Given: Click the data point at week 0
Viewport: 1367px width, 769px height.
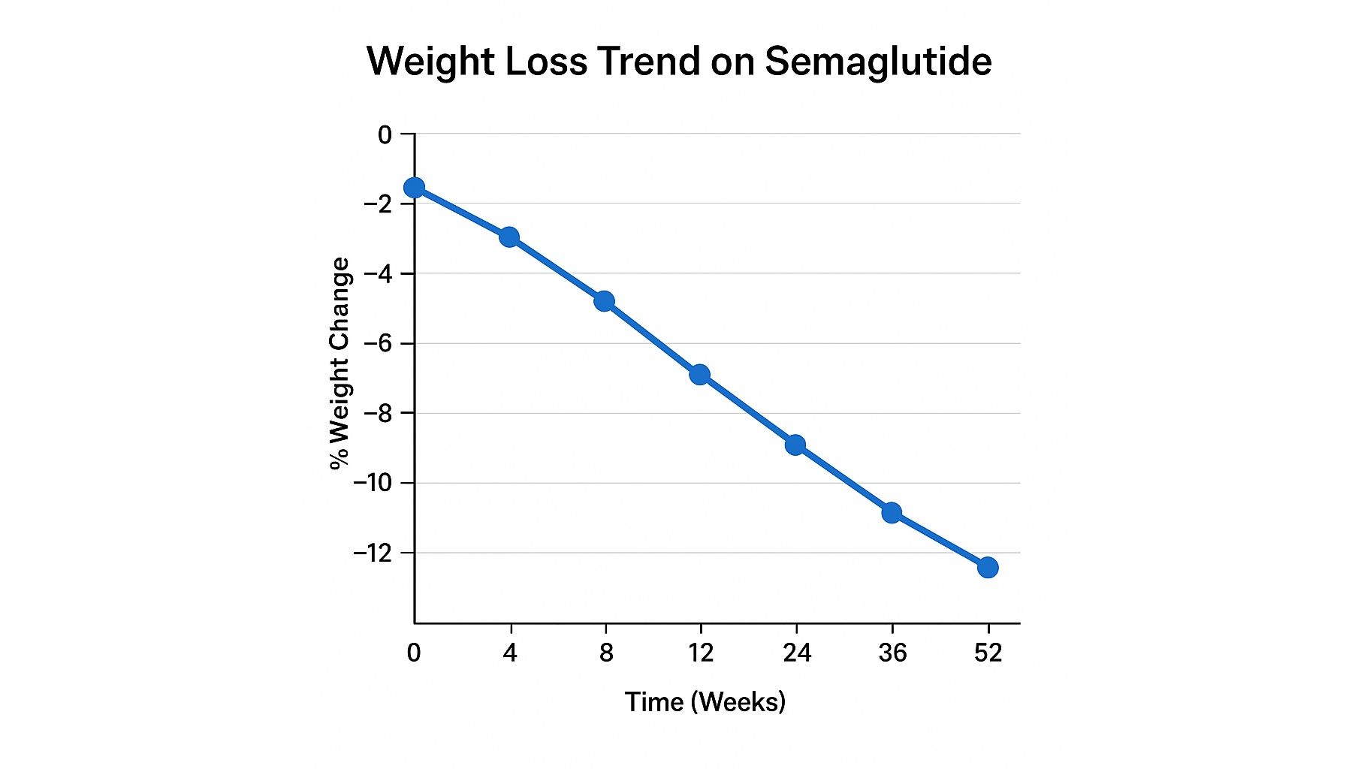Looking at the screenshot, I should click(x=414, y=188).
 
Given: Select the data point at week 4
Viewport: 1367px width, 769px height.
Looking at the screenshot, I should click(x=509, y=237).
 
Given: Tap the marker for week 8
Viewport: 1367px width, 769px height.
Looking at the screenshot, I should click(x=605, y=301).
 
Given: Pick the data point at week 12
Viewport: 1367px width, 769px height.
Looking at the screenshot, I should click(x=700, y=374).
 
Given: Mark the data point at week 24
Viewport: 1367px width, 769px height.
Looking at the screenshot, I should click(x=795, y=445).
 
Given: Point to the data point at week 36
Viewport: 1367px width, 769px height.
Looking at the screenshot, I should click(x=892, y=513).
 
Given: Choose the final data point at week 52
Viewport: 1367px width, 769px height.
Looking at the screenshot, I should click(x=988, y=567).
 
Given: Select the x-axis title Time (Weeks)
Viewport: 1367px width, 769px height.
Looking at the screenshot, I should click(x=705, y=701).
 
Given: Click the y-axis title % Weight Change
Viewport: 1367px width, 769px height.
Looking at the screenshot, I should click(x=339, y=363).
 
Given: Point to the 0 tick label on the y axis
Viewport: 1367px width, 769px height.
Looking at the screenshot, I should click(x=385, y=135).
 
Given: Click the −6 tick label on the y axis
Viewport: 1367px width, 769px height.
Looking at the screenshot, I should click(x=378, y=343).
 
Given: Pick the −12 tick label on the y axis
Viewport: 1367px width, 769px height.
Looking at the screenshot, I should click(x=373, y=553).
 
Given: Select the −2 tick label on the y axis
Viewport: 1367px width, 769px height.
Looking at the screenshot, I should click(x=378, y=204).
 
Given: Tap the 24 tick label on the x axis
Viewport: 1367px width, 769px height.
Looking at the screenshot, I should click(x=796, y=653).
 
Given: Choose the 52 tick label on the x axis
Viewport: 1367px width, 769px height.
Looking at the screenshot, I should click(x=988, y=653).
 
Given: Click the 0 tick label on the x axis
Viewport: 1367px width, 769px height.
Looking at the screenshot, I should click(x=414, y=653).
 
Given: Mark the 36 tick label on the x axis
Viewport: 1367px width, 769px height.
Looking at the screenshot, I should click(x=892, y=653).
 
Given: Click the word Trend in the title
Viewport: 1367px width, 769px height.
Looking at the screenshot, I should click(x=650, y=62).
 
